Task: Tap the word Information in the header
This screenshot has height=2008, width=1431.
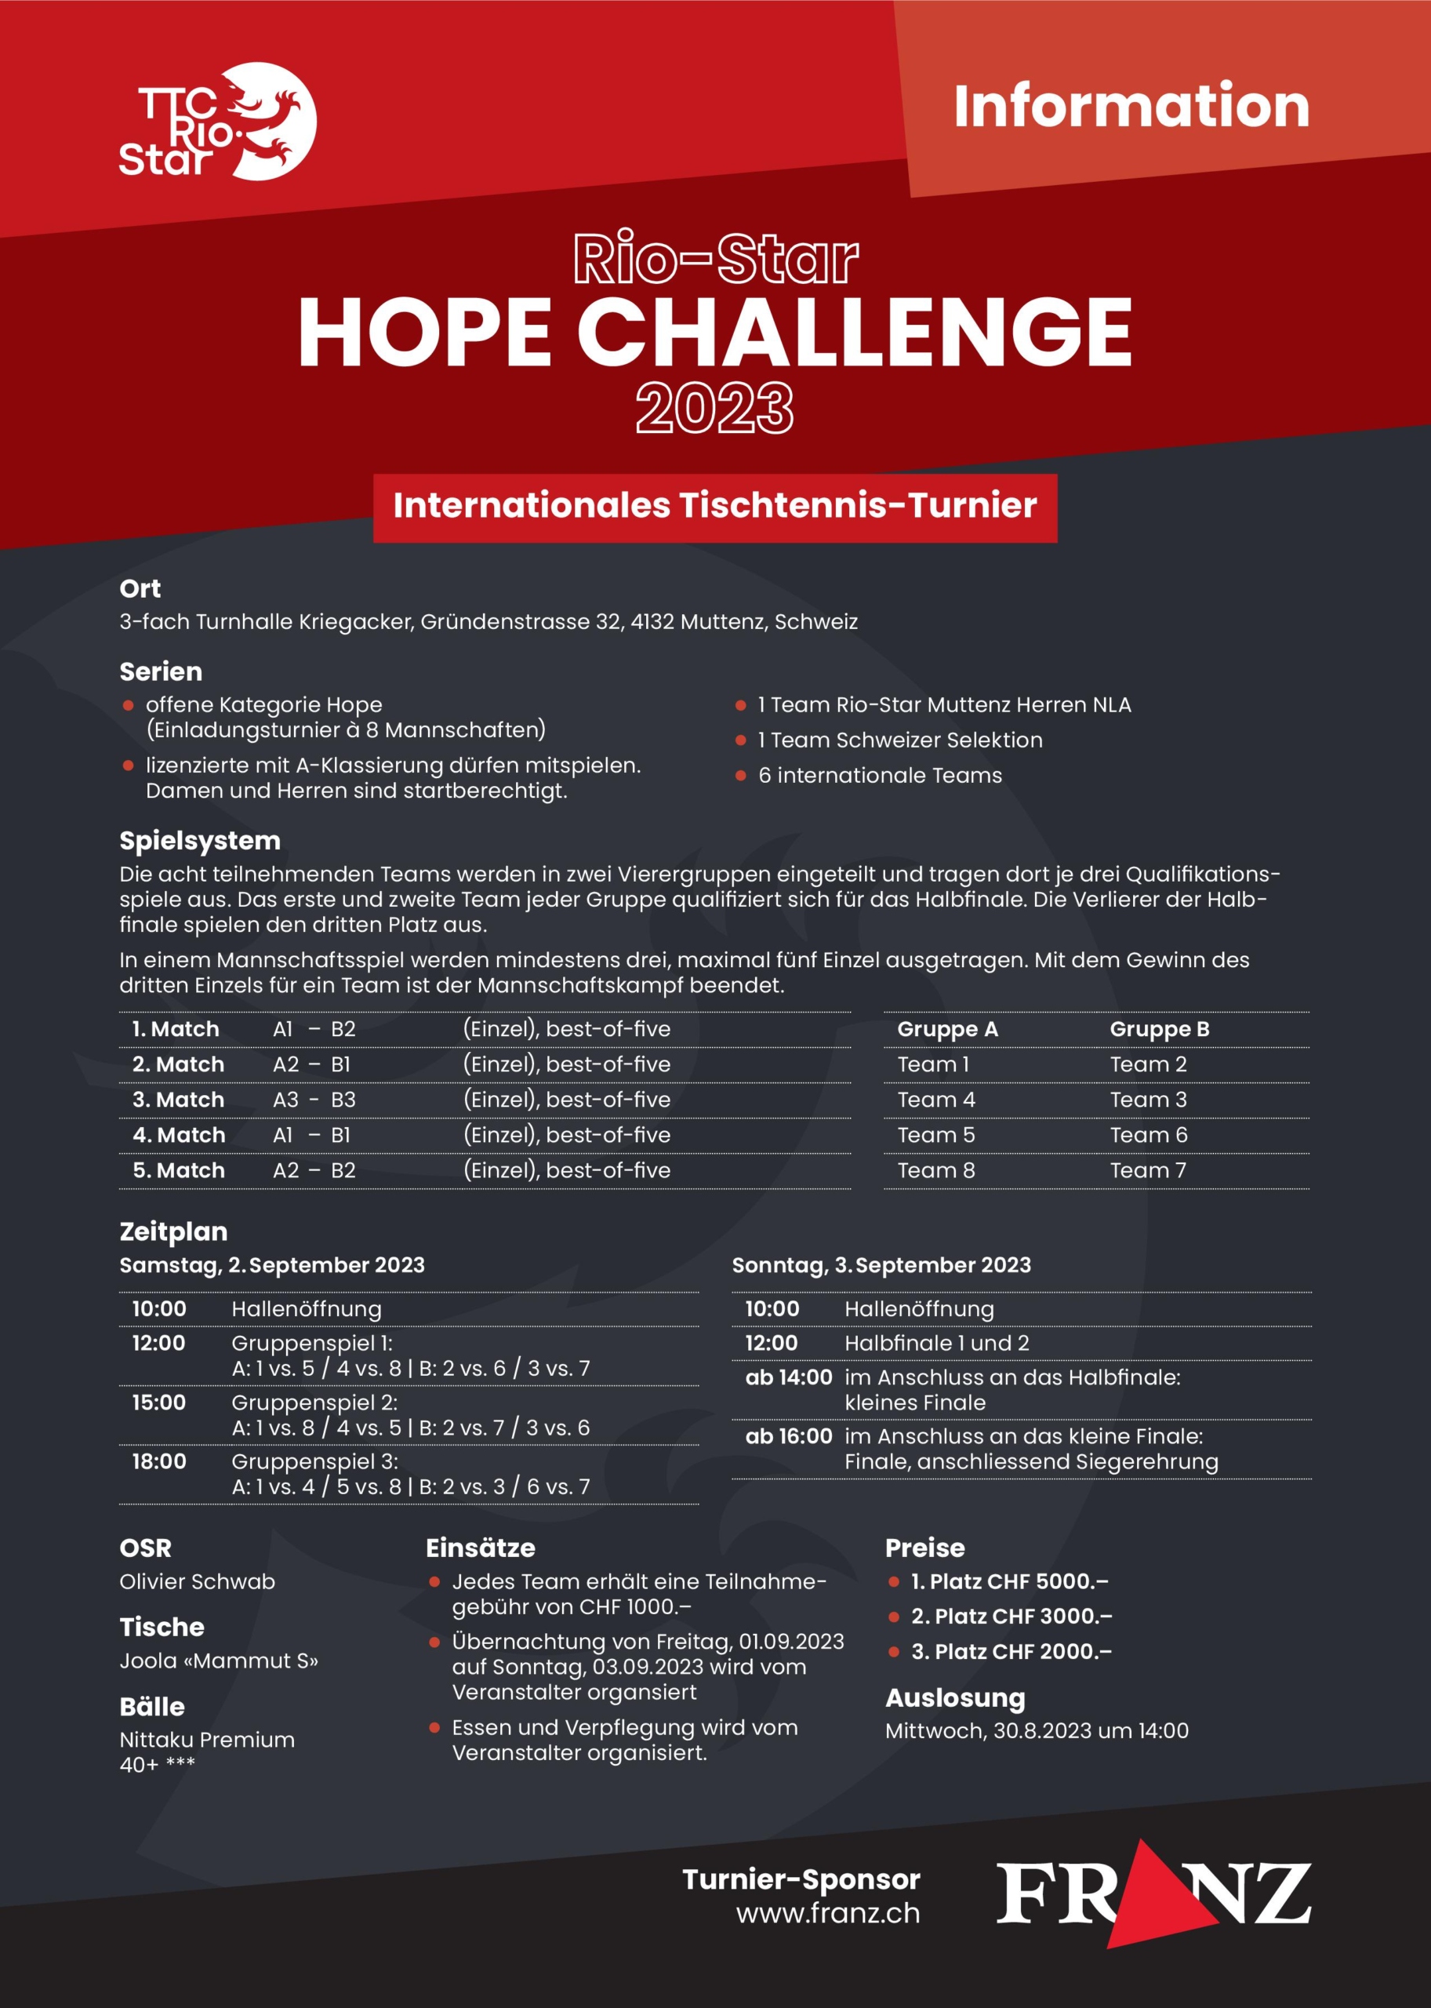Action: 1131,107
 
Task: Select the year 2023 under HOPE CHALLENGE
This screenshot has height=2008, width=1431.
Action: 714,407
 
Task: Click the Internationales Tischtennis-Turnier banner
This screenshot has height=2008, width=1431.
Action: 714,507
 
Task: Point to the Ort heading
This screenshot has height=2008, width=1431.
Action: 140,589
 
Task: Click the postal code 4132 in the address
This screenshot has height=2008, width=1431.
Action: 652,622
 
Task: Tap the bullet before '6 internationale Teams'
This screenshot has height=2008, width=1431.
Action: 741,776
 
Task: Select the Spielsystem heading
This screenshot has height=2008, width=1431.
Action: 200,841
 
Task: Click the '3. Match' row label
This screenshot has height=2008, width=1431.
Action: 178,1100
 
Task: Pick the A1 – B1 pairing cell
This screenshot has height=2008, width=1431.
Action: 312,1135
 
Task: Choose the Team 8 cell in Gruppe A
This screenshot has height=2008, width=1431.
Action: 935,1170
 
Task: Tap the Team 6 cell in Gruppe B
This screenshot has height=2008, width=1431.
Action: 1148,1135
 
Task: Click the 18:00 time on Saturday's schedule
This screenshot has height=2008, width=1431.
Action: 159,1461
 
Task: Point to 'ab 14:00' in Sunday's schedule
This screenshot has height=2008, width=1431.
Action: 789,1377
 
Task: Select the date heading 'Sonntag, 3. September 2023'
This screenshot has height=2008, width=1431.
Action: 881,1265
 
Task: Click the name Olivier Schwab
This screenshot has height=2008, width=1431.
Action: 198,1581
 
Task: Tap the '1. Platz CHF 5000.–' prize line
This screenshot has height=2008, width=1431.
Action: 1009,1581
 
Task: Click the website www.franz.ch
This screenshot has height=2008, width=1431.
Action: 827,1914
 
